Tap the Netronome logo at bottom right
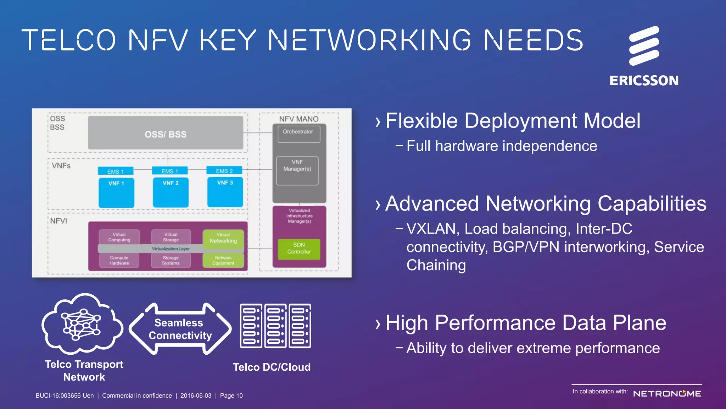[667, 394]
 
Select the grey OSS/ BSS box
[166, 133]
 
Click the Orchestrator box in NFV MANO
[299, 134]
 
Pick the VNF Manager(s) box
[297, 170]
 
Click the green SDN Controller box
[299, 249]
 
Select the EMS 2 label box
[224, 171]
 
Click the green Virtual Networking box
[223, 238]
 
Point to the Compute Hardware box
[119, 261]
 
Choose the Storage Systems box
[171, 261]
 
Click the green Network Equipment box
[223, 261]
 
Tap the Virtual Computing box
[119, 237]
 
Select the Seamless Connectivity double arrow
[180, 329]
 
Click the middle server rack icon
[275, 326]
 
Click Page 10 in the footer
[231, 396]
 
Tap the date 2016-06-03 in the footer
[196, 396]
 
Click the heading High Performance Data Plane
[525, 323]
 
